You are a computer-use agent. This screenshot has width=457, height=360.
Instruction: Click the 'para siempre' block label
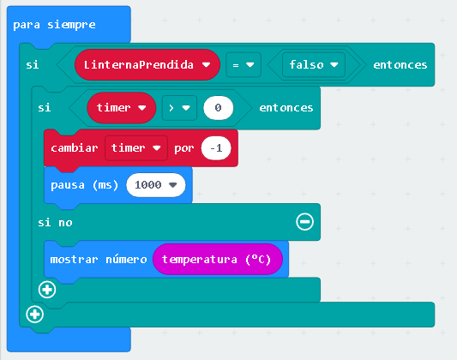pyautogui.click(x=54, y=25)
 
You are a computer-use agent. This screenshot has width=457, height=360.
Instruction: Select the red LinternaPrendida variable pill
pyautogui.click(x=147, y=64)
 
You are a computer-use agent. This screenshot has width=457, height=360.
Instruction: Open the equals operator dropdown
pyautogui.click(x=244, y=64)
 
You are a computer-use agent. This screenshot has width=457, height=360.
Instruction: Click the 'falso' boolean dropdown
pyautogui.click(x=314, y=64)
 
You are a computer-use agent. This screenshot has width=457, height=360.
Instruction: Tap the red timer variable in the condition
pyautogui.click(x=121, y=108)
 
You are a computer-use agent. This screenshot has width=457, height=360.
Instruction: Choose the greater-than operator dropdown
pyautogui.click(x=179, y=108)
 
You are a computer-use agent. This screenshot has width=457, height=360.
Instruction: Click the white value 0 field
pyautogui.click(x=219, y=108)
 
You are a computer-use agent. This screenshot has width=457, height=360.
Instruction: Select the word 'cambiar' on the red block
pyautogui.click(x=75, y=148)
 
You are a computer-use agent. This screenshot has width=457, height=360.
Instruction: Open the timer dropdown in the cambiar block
pyautogui.click(x=136, y=148)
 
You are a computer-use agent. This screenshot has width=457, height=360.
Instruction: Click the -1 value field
pyautogui.click(x=216, y=148)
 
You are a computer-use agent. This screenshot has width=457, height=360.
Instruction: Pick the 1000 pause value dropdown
pyautogui.click(x=156, y=185)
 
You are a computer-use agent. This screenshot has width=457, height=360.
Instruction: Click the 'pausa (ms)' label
pyautogui.click(x=85, y=185)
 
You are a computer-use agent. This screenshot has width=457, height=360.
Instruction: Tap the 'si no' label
pyautogui.click(x=55, y=223)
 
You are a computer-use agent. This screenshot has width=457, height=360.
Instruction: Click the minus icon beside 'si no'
pyautogui.click(x=305, y=222)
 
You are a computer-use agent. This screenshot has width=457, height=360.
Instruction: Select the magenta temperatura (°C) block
pyautogui.click(x=218, y=259)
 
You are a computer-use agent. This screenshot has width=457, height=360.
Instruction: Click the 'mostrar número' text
pyautogui.click(x=99, y=259)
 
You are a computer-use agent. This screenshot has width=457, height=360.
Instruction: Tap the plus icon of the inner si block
pyautogui.click(x=47, y=290)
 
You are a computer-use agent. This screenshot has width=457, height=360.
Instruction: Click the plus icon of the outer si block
pyautogui.click(x=34, y=315)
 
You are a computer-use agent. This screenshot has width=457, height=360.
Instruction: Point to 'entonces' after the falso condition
pyautogui.click(x=400, y=64)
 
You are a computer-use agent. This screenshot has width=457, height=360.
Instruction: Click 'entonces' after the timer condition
pyautogui.click(x=286, y=108)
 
